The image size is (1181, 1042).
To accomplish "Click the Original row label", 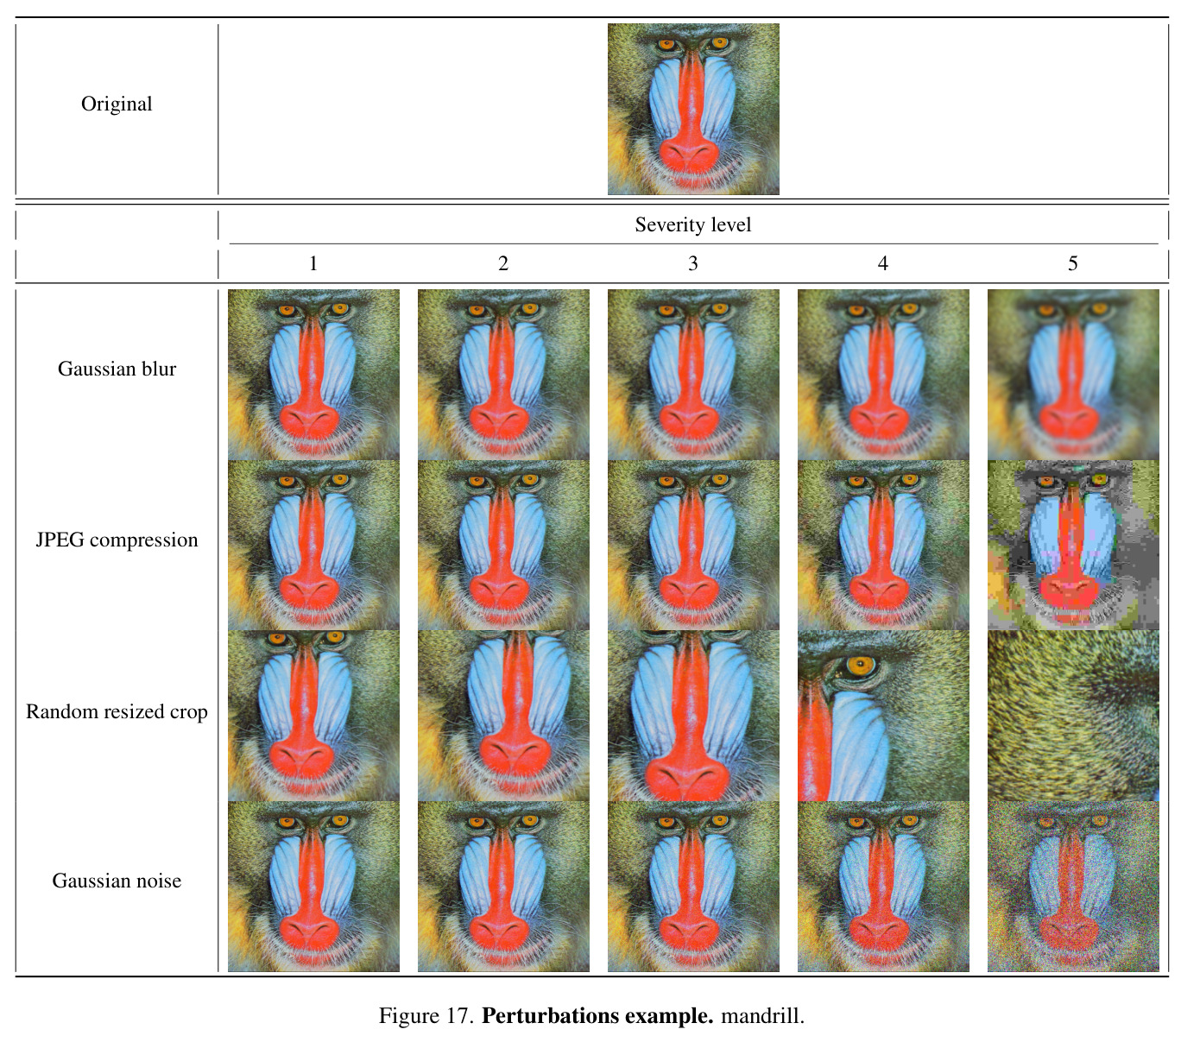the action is [117, 104].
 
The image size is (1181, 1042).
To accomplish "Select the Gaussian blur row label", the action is [117, 369].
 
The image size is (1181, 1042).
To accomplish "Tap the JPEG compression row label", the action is [117, 540].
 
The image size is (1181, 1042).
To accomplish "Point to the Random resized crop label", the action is [117, 711].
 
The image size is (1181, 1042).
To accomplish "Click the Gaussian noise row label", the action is [117, 881].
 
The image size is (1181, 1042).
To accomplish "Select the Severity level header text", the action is [693, 224].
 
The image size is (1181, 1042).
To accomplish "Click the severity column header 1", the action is [313, 263].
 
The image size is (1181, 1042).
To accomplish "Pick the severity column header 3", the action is [693, 263].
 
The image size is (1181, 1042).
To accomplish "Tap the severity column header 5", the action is [1072, 263].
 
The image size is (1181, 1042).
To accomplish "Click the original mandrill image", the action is [693, 109].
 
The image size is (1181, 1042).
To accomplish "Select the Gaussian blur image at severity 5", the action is [1073, 375].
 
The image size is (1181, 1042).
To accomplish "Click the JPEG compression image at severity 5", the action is [1073, 546].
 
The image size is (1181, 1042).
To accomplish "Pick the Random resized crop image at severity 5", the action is [1073, 716].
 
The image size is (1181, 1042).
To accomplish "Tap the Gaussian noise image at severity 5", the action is [1073, 887].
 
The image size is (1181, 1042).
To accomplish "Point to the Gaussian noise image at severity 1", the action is [313, 887].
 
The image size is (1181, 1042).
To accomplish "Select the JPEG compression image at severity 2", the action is [503, 546].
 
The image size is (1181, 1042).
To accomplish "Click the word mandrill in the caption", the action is [762, 1016].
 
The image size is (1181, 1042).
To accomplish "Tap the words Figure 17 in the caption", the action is [426, 1016].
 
